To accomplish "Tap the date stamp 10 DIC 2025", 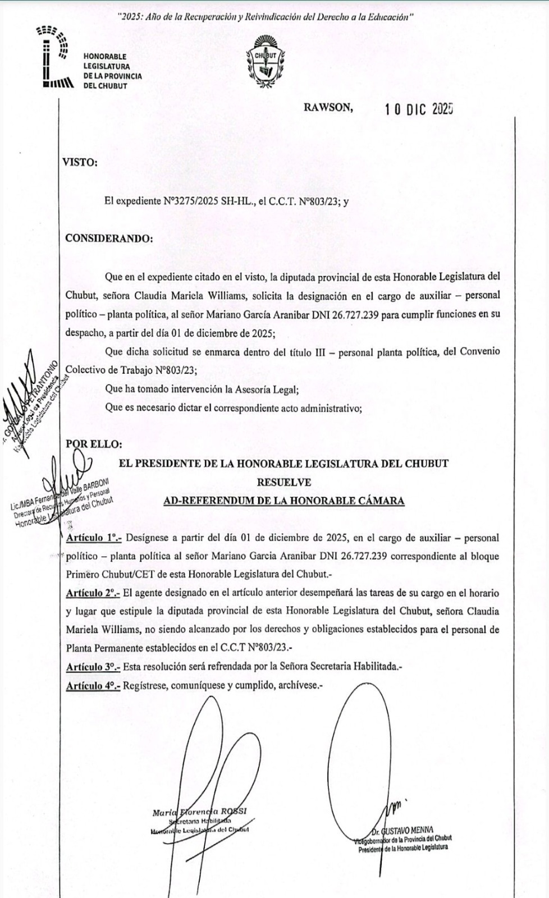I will [419, 110].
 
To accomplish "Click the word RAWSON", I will [328, 108].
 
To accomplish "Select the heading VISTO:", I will [81, 163].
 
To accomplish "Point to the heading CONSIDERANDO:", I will [108, 238].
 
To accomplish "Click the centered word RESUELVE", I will [283, 482].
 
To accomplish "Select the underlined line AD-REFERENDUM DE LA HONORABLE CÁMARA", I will [283, 501].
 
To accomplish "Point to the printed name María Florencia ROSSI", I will [199, 812].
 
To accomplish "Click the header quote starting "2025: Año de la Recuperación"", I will [266, 18].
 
